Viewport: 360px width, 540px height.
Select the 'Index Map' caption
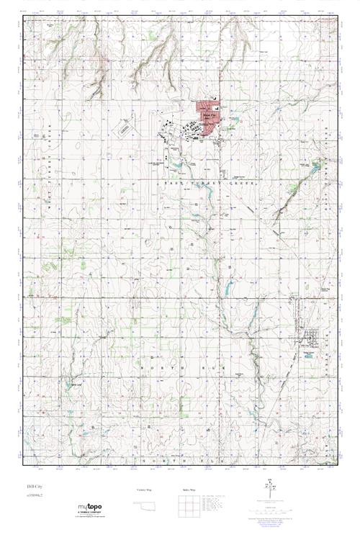pos(190,490)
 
